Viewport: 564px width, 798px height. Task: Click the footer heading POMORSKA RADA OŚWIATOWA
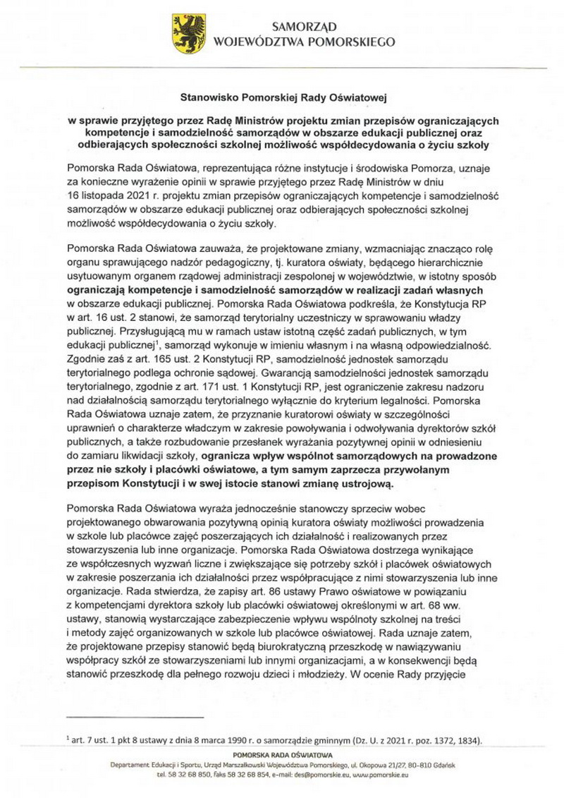coord(281,755)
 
